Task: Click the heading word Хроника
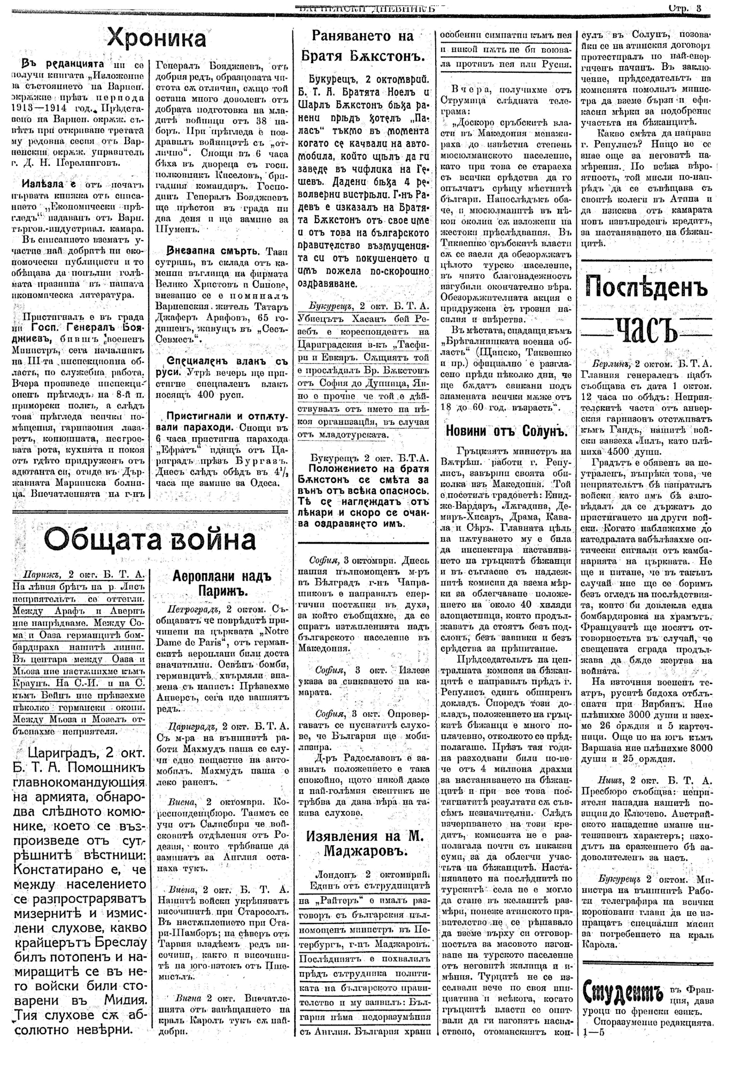[x=157, y=39]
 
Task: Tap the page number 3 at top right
[x=698, y=8]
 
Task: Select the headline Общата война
[x=151, y=540]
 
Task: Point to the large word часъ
[x=646, y=327]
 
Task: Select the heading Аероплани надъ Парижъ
[x=222, y=584]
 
